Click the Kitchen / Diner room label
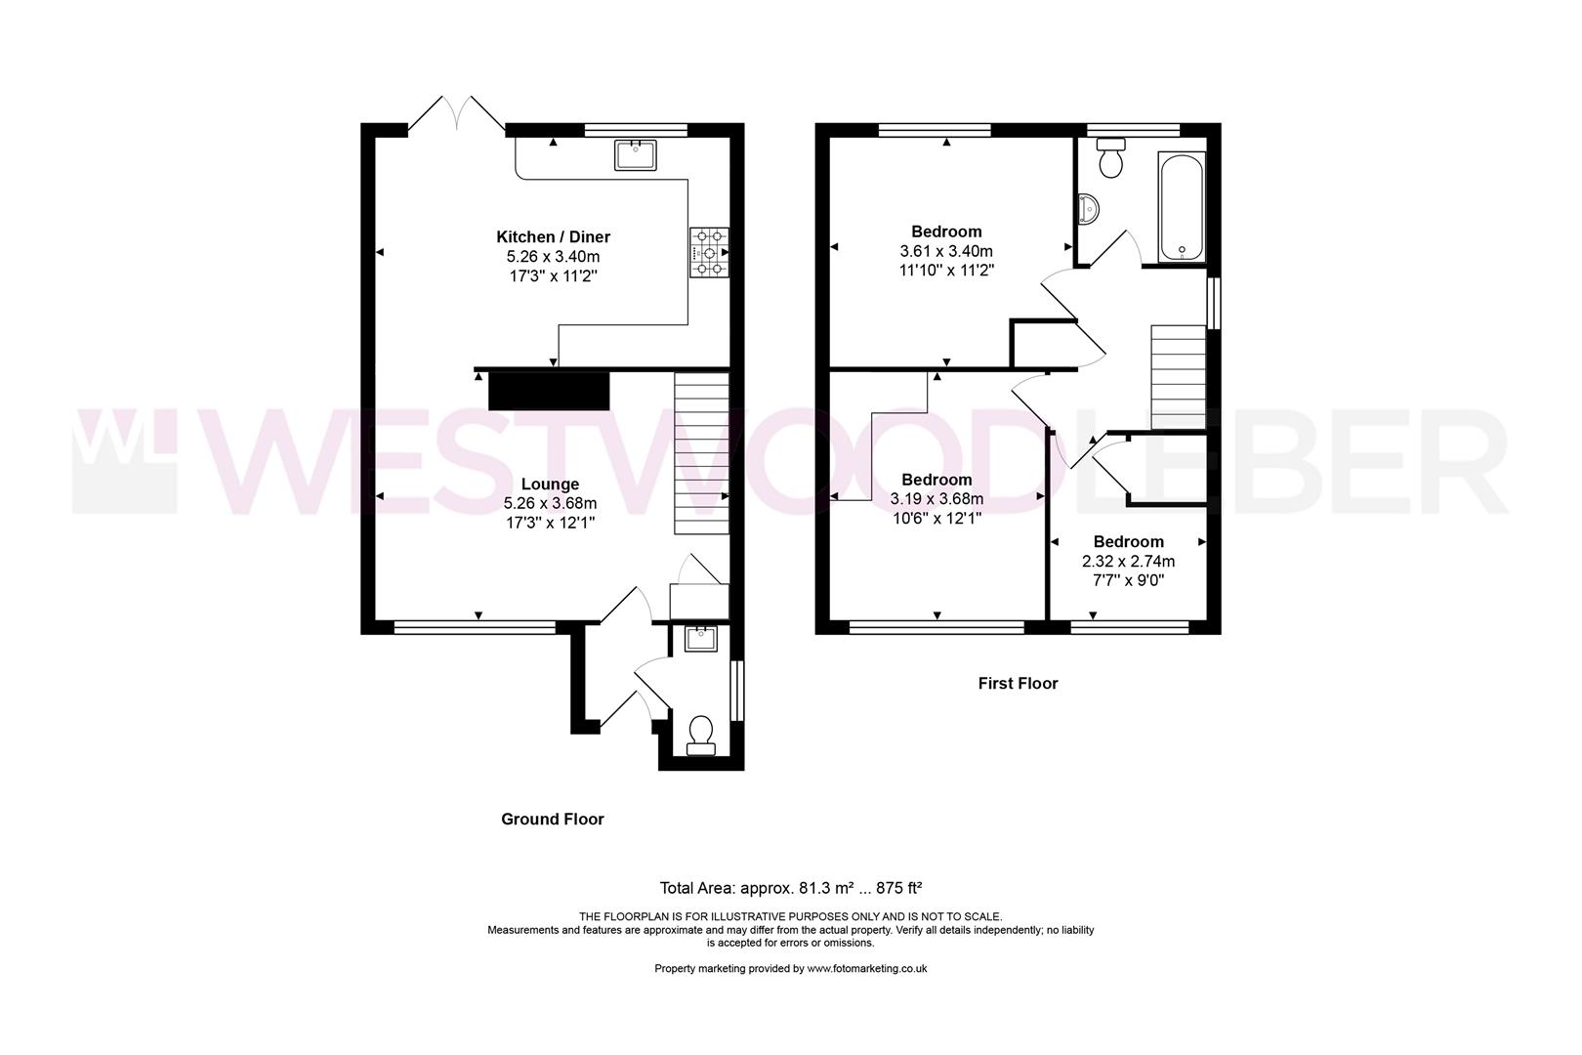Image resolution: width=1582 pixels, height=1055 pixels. click(553, 237)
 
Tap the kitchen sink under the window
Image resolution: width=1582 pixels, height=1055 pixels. click(636, 154)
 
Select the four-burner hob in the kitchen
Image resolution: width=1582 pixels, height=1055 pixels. click(709, 252)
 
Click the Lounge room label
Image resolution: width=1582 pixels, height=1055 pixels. click(550, 484)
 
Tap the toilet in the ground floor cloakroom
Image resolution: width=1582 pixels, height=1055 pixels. click(700, 735)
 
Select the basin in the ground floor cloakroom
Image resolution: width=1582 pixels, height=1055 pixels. click(700, 639)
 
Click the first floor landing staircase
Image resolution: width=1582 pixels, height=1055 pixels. click(1178, 376)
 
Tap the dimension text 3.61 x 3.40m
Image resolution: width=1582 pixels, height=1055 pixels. click(945, 251)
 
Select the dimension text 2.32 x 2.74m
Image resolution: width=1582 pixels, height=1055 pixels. click(1128, 562)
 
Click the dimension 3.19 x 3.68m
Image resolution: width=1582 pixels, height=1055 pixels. click(937, 499)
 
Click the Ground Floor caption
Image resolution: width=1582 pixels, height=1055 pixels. click(553, 820)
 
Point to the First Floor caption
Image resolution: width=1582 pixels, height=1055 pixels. click(1018, 684)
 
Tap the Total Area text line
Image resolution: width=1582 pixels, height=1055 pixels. click(791, 888)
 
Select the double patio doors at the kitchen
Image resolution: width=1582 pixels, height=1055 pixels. click(456, 115)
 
